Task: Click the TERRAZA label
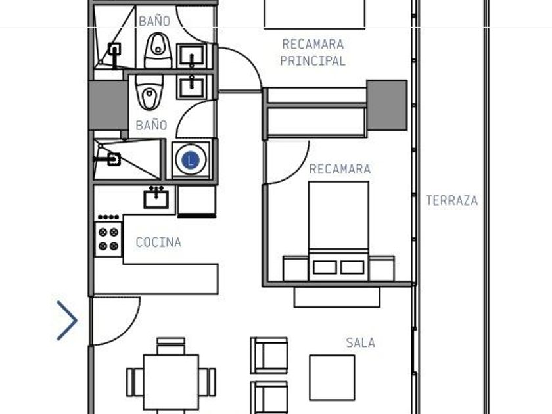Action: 452,200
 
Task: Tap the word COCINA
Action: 158,242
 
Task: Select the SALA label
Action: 360,342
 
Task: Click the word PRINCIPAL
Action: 313,61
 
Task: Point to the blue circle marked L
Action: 191,160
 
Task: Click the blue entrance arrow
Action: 67,321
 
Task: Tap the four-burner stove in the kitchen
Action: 108,239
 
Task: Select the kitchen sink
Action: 156,198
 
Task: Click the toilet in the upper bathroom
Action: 158,50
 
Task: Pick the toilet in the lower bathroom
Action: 149,92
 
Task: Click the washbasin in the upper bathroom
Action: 191,55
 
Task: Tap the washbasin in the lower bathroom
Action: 191,87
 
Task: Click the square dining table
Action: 171,382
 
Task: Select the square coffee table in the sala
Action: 332,378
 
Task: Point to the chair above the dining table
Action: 171,346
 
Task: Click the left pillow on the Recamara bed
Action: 325,267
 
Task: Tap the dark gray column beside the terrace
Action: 387,105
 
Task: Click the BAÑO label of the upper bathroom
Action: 154,21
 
